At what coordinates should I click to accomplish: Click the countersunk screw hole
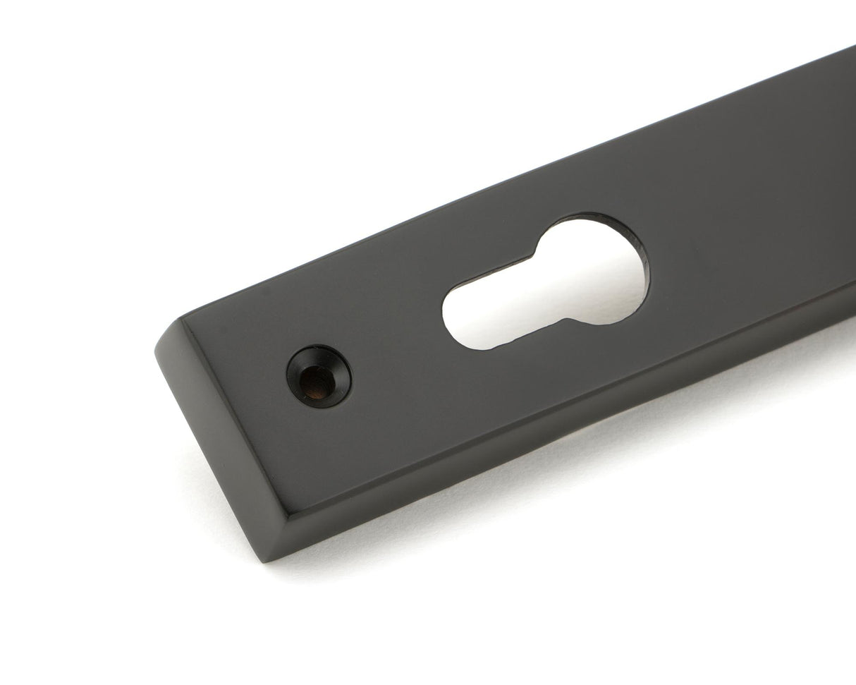coord(319,375)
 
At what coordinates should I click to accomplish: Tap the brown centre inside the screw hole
coord(317,382)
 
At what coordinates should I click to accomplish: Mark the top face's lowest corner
coord(290,513)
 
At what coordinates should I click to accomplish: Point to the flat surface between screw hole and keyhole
coord(395,353)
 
